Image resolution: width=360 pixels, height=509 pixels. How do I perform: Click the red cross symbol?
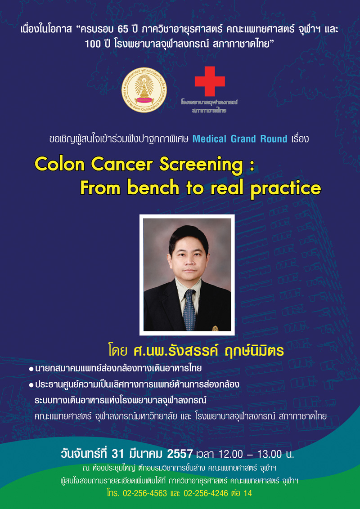210,81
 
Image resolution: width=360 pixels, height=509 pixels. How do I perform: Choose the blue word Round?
274,139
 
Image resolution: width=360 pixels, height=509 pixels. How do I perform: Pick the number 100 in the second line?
92,44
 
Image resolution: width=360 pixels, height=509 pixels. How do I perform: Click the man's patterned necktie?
189,310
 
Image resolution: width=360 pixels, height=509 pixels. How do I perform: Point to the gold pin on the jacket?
215,328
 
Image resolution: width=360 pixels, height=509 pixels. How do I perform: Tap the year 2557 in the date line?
180,454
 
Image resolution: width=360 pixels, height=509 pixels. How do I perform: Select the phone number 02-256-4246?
206,493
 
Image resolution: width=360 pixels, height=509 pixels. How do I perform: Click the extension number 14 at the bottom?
247,493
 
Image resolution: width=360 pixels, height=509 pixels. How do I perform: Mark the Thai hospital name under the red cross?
210,106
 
